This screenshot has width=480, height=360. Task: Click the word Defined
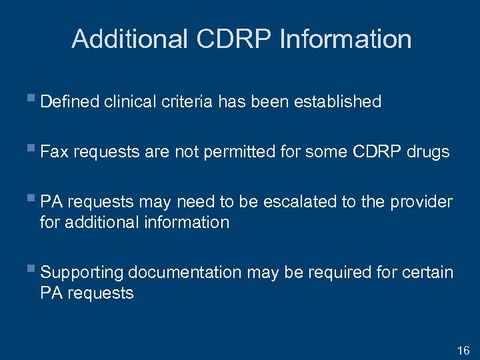tap(69, 102)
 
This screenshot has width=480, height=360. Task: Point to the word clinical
tap(127, 102)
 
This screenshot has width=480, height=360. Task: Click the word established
tap(337, 102)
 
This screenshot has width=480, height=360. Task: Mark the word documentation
tap(184, 273)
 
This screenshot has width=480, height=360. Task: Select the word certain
tap(426, 273)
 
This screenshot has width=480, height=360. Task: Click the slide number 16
tap(463, 351)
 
